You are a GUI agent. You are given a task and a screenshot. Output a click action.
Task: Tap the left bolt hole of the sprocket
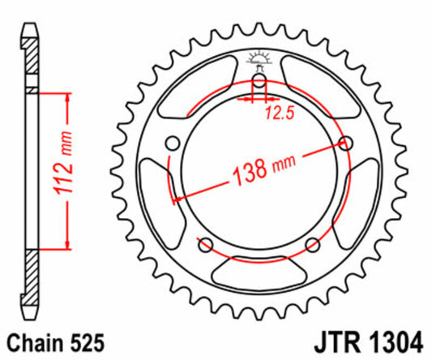point(171,144)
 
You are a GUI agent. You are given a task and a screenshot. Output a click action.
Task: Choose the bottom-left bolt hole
point(204,246)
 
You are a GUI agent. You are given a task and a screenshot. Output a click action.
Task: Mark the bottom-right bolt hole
point(314,246)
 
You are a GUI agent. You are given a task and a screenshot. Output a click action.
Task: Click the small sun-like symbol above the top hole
point(259,58)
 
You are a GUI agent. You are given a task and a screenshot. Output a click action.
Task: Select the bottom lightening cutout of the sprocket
point(259,268)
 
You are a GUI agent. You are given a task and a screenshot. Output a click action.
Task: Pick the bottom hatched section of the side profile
point(31,275)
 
